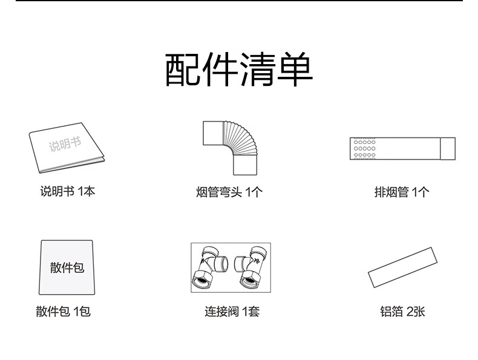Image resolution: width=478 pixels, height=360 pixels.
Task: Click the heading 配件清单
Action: (x=239, y=71)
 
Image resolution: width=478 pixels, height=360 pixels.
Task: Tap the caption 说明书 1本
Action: (x=67, y=191)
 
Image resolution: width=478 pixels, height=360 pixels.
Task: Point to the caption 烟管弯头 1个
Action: (x=229, y=192)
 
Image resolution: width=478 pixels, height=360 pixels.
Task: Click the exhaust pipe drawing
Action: (x=402, y=148)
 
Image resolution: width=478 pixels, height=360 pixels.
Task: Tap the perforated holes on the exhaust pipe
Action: (x=364, y=148)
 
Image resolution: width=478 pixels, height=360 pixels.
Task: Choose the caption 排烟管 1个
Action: (x=402, y=192)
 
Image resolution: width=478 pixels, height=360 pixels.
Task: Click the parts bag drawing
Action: (x=67, y=266)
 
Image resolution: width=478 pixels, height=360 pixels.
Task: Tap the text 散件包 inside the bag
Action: (x=67, y=267)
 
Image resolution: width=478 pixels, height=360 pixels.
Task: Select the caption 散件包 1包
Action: (x=63, y=312)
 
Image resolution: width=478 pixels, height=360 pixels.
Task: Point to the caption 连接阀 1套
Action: (x=232, y=312)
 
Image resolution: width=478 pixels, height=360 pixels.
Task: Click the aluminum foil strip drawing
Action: (x=402, y=267)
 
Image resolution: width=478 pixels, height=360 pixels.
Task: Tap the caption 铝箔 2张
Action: (x=402, y=312)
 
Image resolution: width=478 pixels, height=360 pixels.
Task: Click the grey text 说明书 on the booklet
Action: (x=64, y=144)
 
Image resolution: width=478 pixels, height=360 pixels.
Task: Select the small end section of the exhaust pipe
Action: (x=447, y=148)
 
